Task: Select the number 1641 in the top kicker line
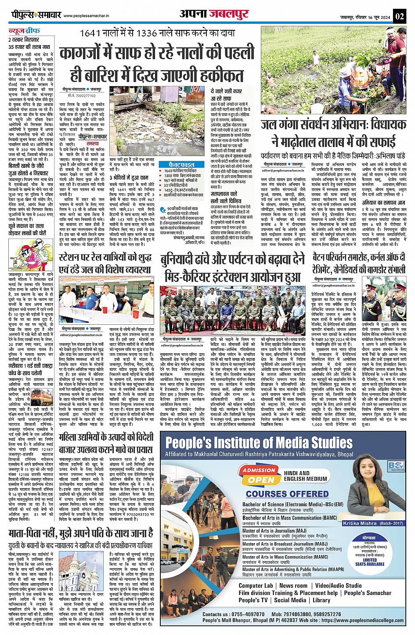(92, 34)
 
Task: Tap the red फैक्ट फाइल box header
(180, 164)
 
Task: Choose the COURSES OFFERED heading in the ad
(287, 494)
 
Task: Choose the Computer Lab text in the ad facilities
(256, 585)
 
